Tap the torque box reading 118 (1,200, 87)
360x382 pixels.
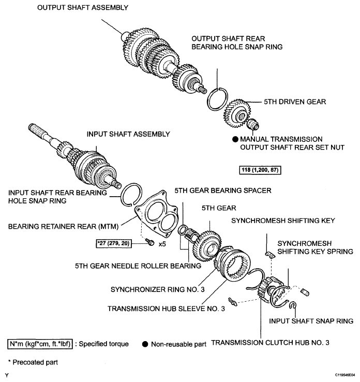260,170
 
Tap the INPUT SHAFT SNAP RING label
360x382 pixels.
311,321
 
